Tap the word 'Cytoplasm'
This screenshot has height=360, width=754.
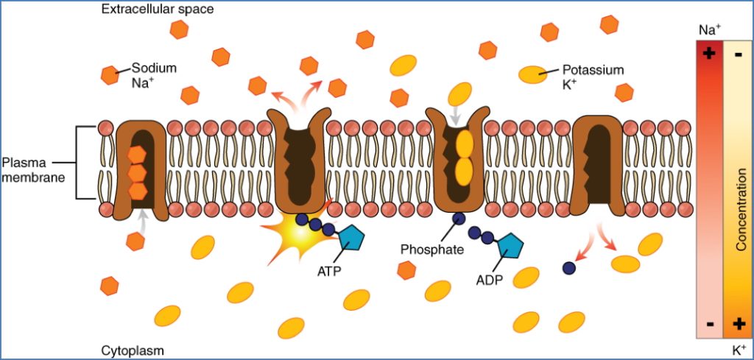[x=132, y=350]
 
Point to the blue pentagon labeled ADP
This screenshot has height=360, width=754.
[x=509, y=247]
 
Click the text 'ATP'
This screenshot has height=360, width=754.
[x=329, y=270]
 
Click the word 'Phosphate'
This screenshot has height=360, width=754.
[x=431, y=249]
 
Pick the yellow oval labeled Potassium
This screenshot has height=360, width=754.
[x=530, y=74]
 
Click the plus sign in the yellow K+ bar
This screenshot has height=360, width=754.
[x=739, y=322]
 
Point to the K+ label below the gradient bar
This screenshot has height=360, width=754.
[x=739, y=349]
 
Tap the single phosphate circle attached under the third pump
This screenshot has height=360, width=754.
[x=458, y=219]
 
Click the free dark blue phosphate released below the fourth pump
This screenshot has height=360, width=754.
[x=568, y=269]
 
